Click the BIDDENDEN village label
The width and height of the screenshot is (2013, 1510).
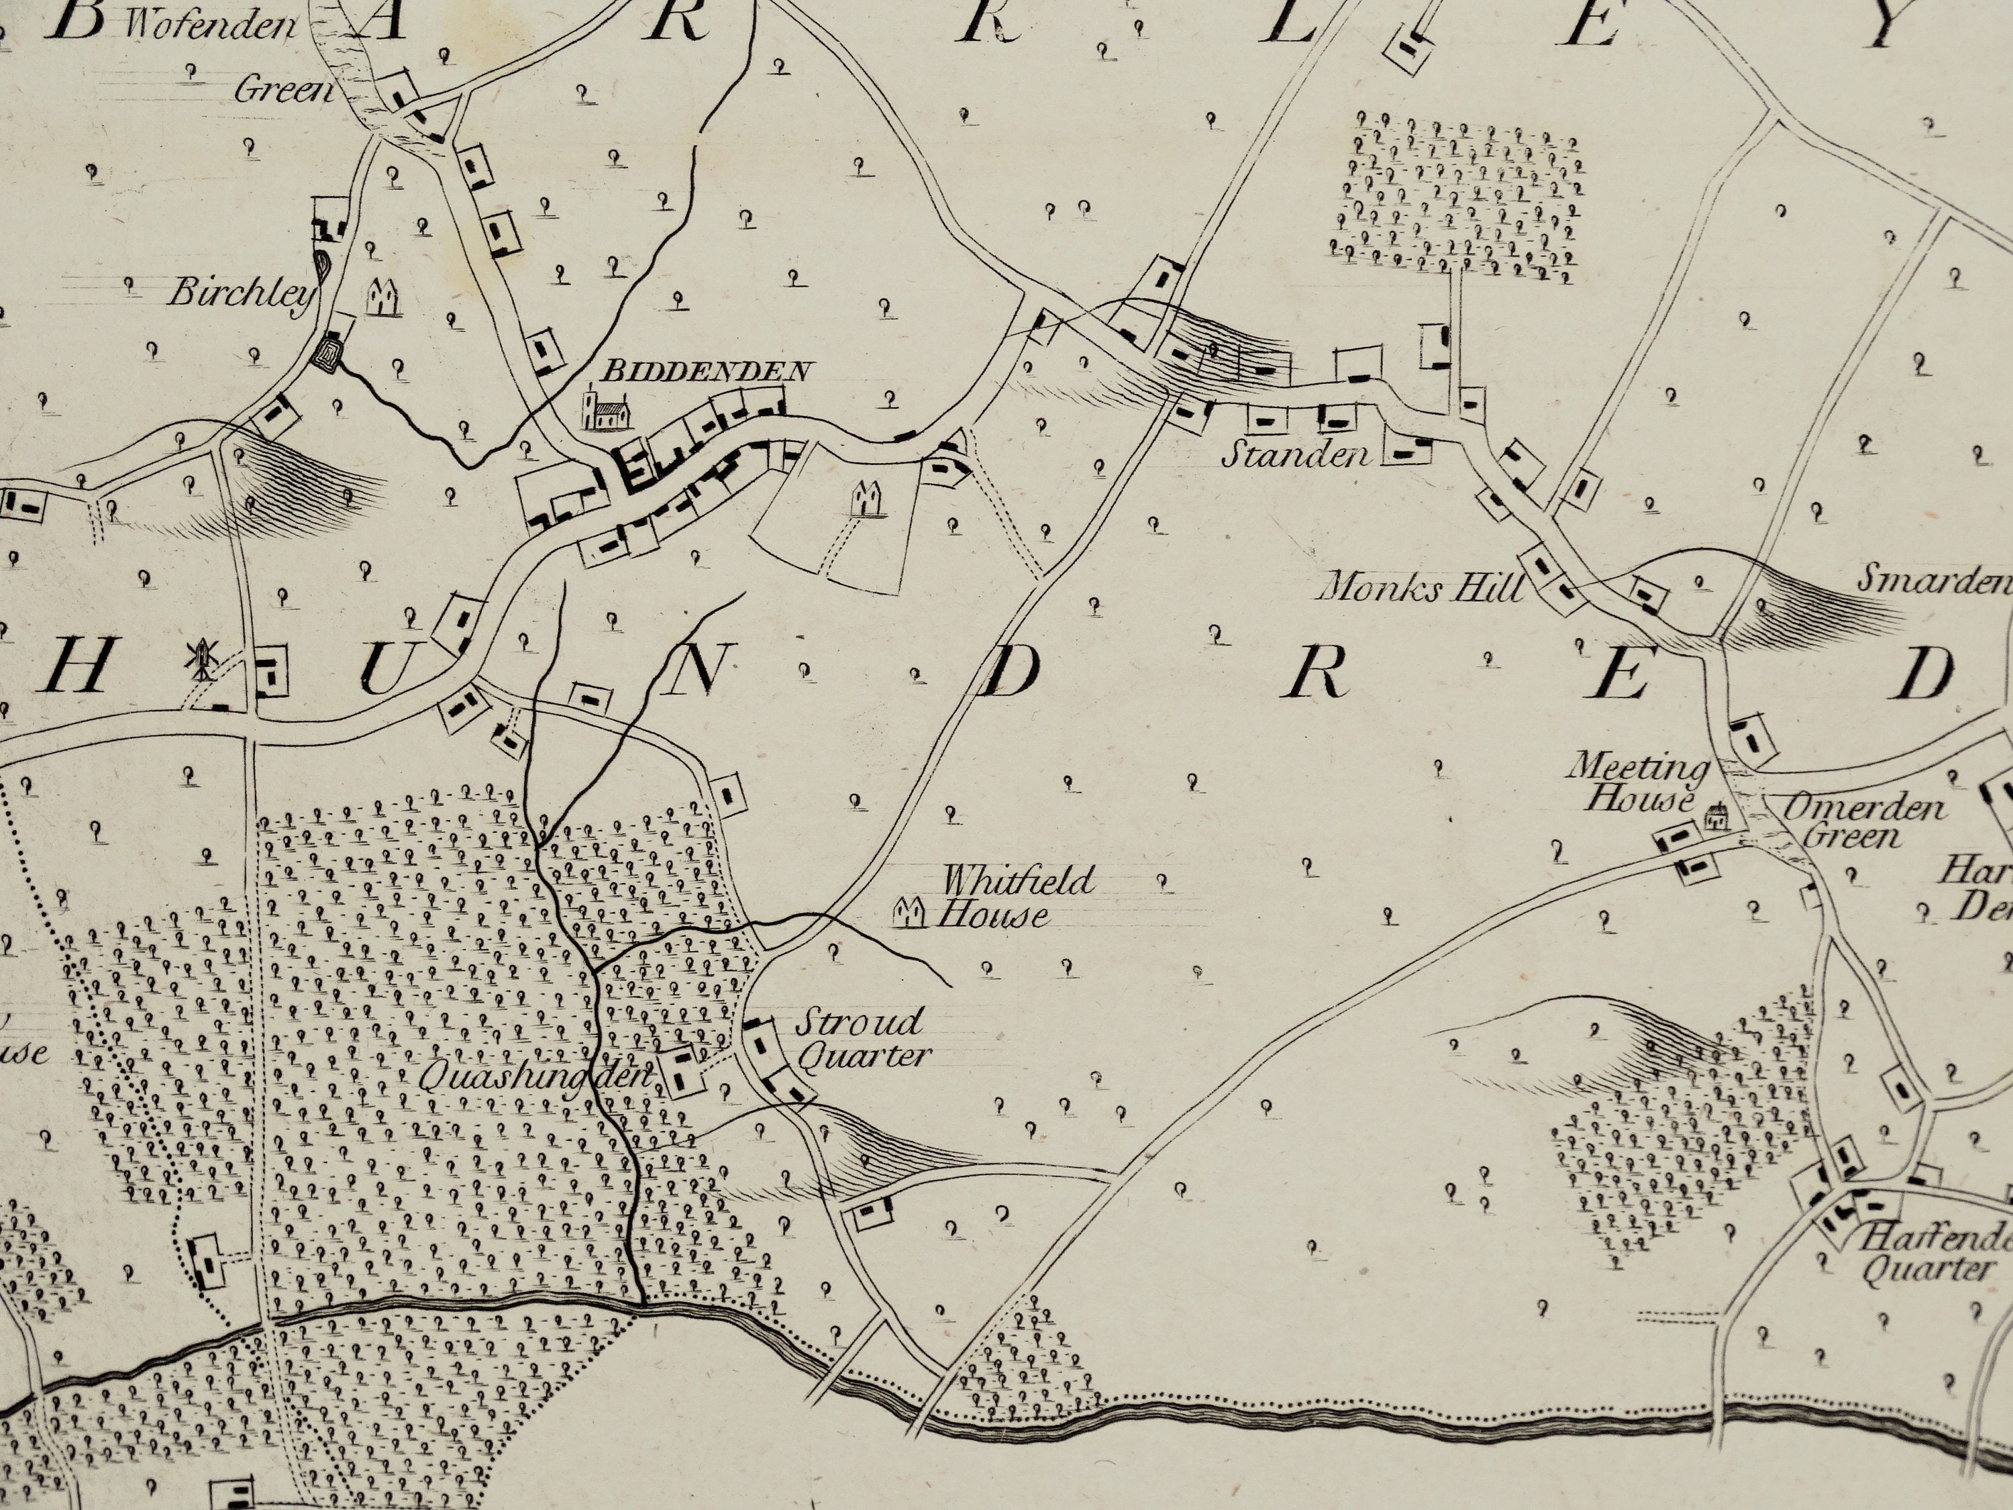pyautogui.click(x=705, y=370)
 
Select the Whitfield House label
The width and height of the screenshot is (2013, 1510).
pyautogui.click(x=994, y=897)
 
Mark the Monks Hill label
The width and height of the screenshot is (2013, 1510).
pyautogui.click(x=1420, y=589)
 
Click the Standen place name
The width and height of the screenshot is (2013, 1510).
pyautogui.click(x=1295, y=453)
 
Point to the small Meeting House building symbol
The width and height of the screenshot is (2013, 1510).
pyautogui.click(x=1716, y=817)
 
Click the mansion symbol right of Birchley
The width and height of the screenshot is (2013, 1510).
pyautogui.click(x=383, y=297)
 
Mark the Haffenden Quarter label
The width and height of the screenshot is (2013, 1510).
pyautogui.click(x=1933, y=1252)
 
